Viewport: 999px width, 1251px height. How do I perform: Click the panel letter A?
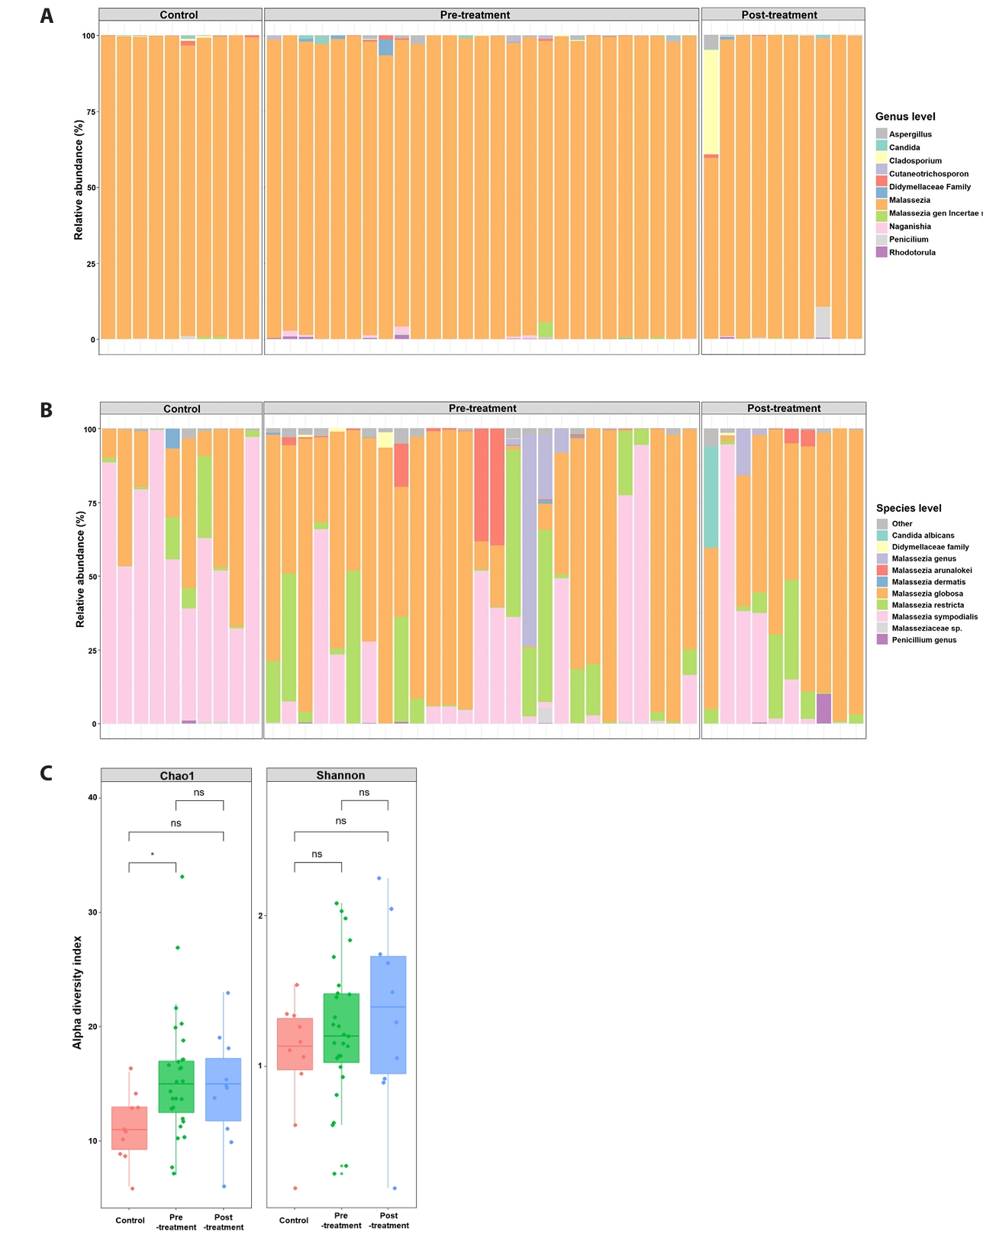[x=47, y=16]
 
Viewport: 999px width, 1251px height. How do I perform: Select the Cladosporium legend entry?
[x=914, y=161]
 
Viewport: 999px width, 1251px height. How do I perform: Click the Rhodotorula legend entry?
[x=911, y=252]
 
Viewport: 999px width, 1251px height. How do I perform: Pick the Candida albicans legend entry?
[x=922, y=535]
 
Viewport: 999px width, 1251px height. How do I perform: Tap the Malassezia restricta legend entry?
[x=926, y=605]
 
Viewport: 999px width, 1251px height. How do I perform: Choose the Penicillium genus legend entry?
[x=923, y=640]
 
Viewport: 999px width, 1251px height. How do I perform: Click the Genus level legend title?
[x=905, y=117]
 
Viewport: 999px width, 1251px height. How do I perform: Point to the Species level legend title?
[x=908, y=508]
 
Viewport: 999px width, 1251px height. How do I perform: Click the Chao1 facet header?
[x=176, y=776]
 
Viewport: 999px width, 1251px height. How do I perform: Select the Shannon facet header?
[x=340, y=776]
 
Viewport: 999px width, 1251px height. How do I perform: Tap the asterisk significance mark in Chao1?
[x=153, y=855]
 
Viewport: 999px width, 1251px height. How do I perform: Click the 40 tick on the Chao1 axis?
[x=93, y=798]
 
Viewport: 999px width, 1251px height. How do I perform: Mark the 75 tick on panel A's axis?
[x=91, y=112]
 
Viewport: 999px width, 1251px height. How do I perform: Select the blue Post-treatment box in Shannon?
[x=388, y=1015]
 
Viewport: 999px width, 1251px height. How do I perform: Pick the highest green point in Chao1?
[x=182, y=876]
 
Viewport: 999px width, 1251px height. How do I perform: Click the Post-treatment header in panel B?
[x=784, y=409]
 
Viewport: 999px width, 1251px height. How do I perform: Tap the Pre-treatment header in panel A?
[x=475, y=15]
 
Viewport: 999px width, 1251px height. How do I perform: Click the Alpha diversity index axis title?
[x=77, y=992]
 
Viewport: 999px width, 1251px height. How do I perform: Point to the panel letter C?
[x=47, y=773]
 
